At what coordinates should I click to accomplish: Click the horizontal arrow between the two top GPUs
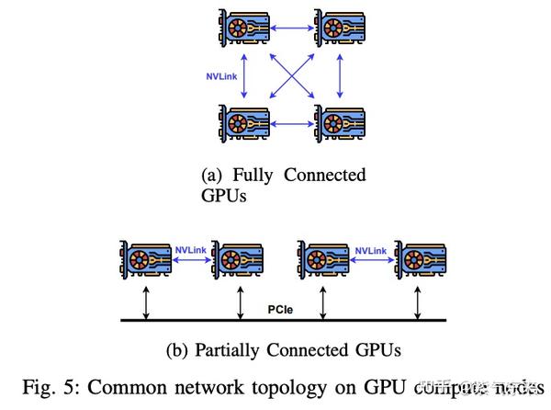291,30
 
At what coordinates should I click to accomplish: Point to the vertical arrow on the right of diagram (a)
340,78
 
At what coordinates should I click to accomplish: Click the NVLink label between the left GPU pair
191,249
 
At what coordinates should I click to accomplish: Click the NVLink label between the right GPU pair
372,249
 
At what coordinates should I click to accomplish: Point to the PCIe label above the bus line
279,310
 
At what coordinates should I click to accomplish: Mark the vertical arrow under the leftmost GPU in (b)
148,303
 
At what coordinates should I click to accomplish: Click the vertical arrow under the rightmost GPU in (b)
421,303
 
